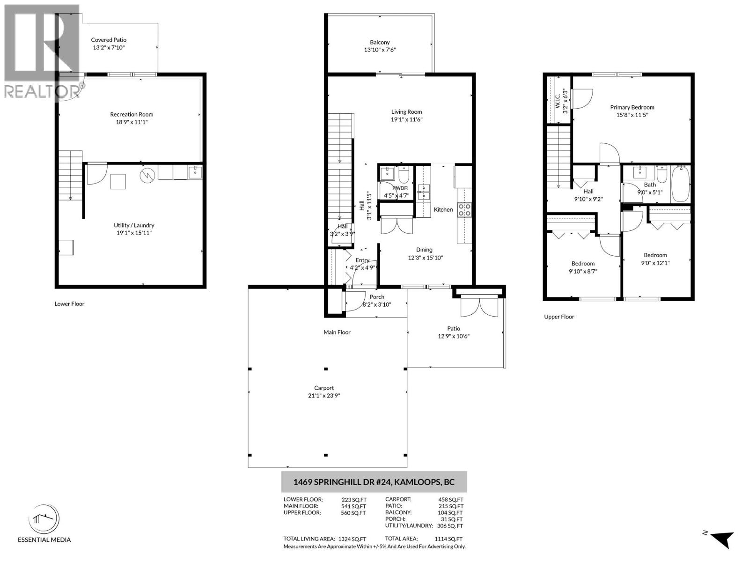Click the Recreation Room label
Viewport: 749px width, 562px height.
[132, 114]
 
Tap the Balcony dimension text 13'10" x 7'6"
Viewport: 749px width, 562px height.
[380, 50]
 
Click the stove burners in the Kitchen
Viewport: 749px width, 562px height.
[464, 210]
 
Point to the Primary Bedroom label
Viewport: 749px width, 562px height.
[632, 107]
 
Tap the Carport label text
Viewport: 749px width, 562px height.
[324, 388]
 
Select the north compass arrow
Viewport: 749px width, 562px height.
[723, 539]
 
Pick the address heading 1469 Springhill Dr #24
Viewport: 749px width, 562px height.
[374, 482]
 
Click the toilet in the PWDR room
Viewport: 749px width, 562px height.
[404, 176]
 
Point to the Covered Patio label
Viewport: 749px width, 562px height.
[109, 40]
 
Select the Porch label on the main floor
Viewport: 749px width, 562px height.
[377, 296]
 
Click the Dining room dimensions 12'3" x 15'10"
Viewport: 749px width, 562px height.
[425, 258]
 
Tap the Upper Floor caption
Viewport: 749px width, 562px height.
[559, 317]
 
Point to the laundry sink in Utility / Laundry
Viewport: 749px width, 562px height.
[195, 172]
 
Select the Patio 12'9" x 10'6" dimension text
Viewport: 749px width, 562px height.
[453, 336]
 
